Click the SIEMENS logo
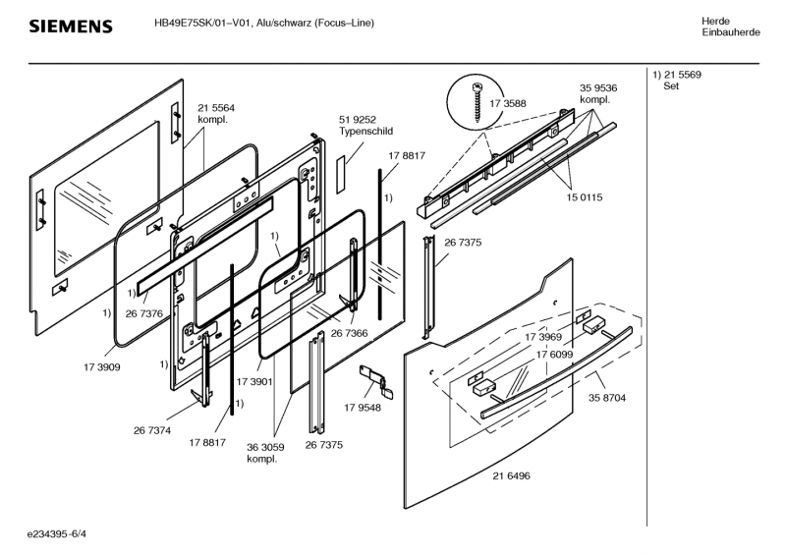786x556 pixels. (x=70, y=26)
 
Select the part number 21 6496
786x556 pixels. (x=511, y=475)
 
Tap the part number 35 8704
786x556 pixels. (x=607, y=398)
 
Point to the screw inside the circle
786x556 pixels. (x=481, y=101)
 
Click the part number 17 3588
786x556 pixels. (x=508, y=101)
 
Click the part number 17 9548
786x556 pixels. (x=362, y=408)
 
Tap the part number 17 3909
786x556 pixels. (x=102, y=367)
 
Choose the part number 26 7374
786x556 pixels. (x=152, y=429)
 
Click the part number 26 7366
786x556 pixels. (x=349, y=334)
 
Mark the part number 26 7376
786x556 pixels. (x=143, y=313)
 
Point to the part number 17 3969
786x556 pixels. (x=543, y=336)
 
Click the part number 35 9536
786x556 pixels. (x=598, y=87)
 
